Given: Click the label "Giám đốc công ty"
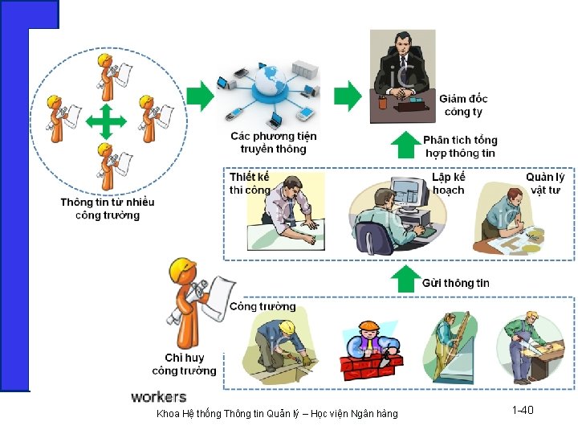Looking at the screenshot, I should (x=463, y=105).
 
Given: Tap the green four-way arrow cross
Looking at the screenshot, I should (x=106, y=122).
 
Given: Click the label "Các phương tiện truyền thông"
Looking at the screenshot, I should (x=273, y=142).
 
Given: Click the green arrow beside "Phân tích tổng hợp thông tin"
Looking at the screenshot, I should (x=405, y=145).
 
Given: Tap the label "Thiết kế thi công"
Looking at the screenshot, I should (x=250, y=183).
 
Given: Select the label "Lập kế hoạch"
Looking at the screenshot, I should (x=448, y=183).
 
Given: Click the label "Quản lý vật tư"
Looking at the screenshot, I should (x=545, y=183).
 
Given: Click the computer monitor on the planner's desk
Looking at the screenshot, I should (x=409, y=193).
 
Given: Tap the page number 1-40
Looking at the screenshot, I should (x=522, y=411).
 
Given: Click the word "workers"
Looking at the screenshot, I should (x=158, y=397).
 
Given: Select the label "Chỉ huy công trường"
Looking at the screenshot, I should (x=185, y=364).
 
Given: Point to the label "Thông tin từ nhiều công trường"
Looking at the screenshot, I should (x=108, y=209).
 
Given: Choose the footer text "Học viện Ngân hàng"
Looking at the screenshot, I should (x=356, y=414).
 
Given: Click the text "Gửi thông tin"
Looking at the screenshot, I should (x=455, y=283).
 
